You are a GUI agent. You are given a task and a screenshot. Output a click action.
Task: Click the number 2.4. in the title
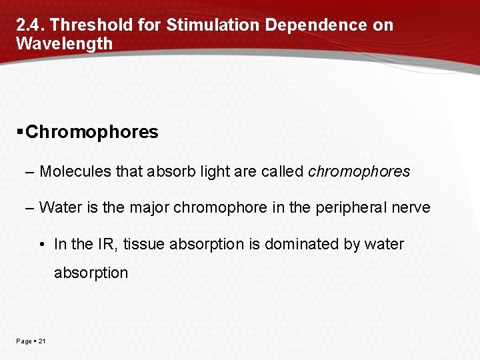pos(30,25)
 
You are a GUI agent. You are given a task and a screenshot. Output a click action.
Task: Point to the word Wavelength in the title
pos(64,44)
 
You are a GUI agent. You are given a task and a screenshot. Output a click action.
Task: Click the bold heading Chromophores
pos(92,132)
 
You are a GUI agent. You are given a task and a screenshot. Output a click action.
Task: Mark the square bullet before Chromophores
pos(21,131)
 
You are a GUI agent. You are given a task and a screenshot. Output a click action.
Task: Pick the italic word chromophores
pos(359,171)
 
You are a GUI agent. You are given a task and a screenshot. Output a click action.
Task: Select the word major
pos(150,207)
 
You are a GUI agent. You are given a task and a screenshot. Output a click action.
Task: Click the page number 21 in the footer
pos(42,341)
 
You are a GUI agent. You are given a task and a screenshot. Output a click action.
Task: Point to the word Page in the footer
pos(24,341)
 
